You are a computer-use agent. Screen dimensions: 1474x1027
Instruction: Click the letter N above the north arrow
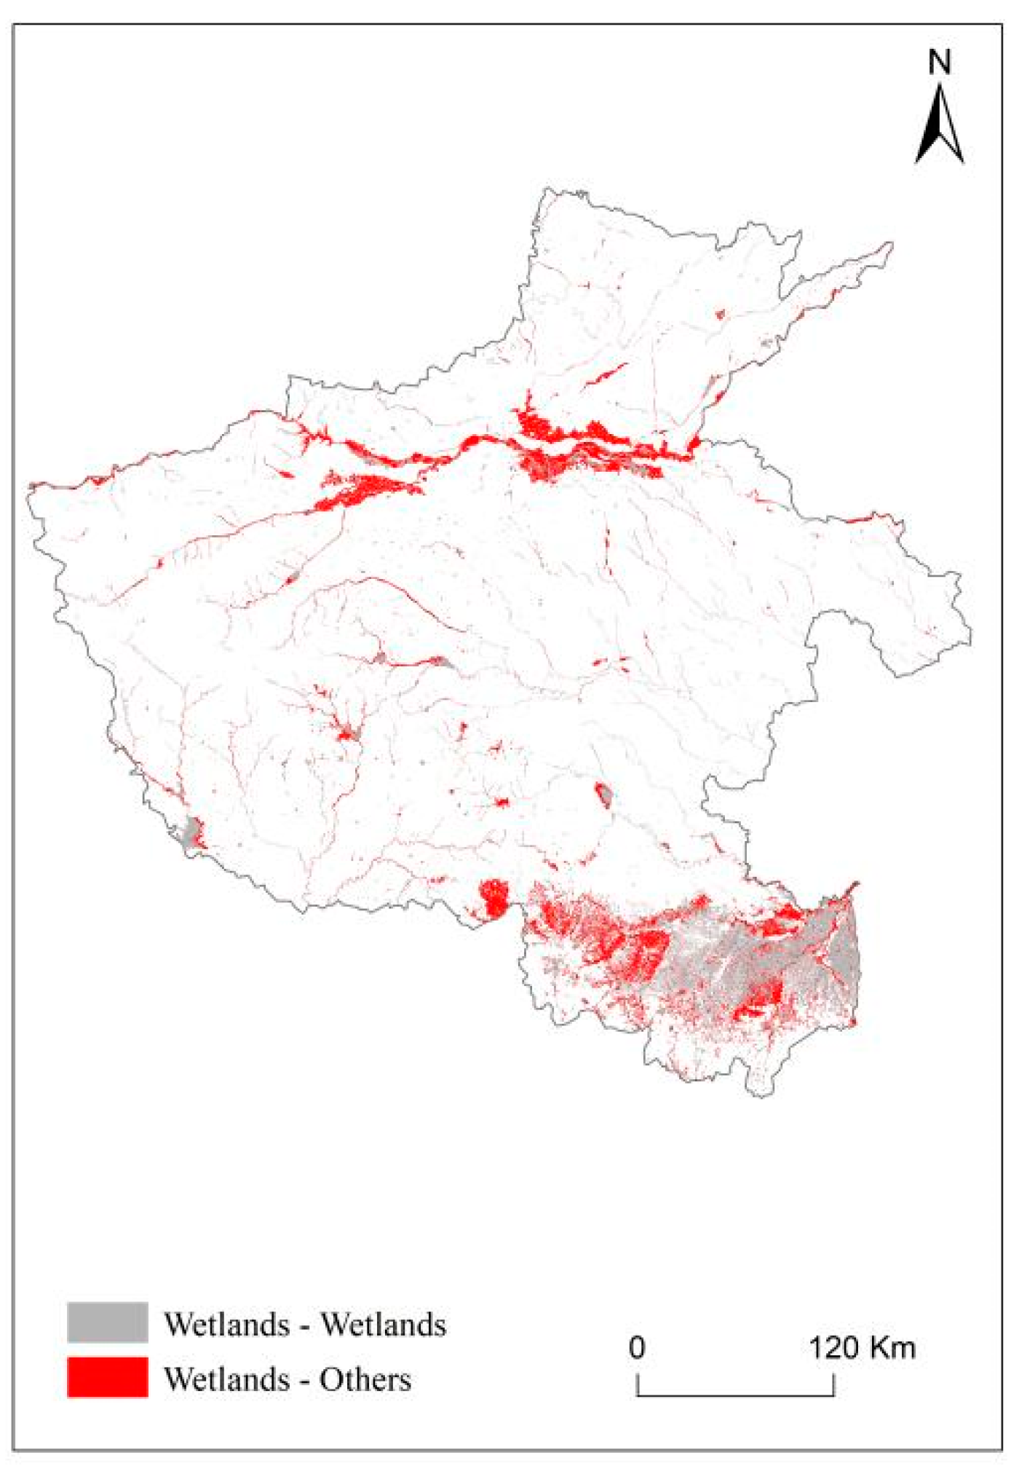[x=939, y=63]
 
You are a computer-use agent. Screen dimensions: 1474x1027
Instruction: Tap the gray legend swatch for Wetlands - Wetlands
[x=107, y=1322]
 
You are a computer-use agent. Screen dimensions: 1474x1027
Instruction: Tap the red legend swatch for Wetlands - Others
[x=107, y=1376]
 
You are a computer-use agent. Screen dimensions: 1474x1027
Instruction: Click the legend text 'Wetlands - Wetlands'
[x=304, y=1324]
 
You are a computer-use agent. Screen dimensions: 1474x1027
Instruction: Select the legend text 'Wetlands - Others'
[x=288, y=1379]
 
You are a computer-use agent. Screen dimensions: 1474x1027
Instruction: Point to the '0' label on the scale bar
[x=636, y=1347]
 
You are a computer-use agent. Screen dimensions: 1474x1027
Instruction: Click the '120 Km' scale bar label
[x=862, y=1347]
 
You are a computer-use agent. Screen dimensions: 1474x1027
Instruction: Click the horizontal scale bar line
[x=735, y=1395]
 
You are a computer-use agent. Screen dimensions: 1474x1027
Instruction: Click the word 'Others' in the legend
[x=365, y=1379]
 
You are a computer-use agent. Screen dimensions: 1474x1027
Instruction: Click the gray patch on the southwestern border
[x=191, y=832]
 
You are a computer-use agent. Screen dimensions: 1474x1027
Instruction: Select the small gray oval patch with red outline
[x=603, y=793]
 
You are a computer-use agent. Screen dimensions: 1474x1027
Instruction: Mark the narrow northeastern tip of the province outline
[x=889, y=245]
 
